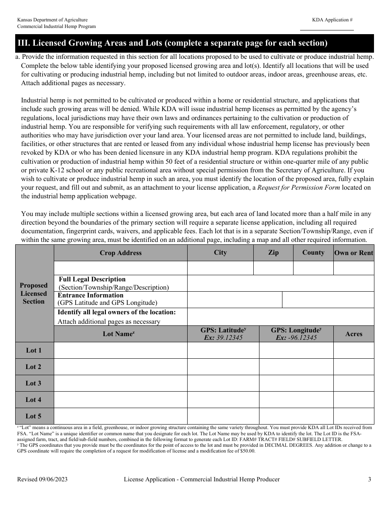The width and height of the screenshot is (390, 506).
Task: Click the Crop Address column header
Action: (120, 253)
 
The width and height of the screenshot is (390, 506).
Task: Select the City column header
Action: (220, 253)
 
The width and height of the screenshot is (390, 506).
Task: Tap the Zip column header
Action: (273, 253)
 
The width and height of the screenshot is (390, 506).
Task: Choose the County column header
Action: (313, 253)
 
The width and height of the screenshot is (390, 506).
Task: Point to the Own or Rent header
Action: (353, 253)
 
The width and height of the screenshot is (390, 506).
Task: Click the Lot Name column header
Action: (120, 334)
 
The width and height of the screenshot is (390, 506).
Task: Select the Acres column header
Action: (353, 334)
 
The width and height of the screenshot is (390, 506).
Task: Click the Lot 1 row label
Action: (34, 350)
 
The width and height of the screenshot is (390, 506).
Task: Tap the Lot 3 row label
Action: (34, 383)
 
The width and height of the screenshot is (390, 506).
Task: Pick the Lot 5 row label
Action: (34, 416)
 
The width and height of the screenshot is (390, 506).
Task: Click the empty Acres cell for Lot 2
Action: (353, 367)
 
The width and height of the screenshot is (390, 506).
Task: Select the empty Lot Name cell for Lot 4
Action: (120, 400)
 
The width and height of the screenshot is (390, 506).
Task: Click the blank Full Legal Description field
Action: (280, 283)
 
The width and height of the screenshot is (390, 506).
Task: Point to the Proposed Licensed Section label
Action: (34, 293)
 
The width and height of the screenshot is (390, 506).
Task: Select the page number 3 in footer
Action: (369, 479)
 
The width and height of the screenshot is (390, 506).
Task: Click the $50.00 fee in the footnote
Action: (245, 451)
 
